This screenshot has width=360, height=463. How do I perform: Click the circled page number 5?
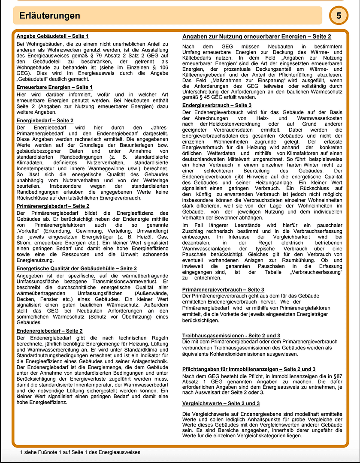339,16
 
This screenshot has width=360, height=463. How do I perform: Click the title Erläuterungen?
50,16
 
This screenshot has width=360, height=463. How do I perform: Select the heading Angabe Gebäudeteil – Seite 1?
52,36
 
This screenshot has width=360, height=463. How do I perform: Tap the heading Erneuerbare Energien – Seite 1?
54,87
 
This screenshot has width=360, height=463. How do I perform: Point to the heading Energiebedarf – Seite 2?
45,120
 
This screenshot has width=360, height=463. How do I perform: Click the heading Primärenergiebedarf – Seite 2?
53,206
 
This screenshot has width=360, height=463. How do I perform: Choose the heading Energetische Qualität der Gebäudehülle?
77,268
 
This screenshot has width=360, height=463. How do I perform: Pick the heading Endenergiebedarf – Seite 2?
50,331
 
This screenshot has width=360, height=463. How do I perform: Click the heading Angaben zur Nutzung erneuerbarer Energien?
257,37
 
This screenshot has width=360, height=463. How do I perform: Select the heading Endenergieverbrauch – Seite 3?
217,105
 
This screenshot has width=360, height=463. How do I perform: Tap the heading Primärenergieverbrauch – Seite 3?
223,290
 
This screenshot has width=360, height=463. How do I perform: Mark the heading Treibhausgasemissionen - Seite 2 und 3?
231,335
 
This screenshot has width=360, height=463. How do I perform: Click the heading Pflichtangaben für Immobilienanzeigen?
249,369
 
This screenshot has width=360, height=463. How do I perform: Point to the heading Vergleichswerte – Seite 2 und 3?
221,403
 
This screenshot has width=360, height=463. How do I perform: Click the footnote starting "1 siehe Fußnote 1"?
80,452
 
